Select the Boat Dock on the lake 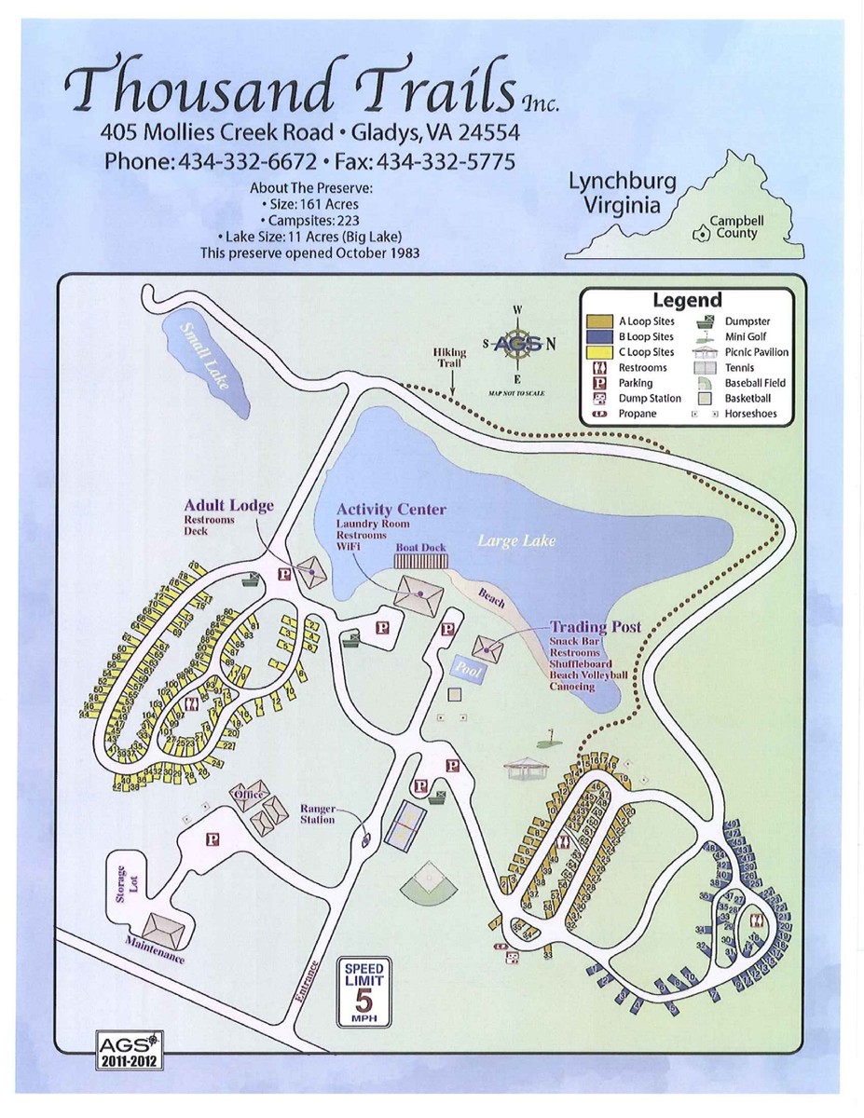point(420,561)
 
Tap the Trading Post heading point(595,627)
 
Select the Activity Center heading point(391,510)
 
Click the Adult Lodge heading point(228,505)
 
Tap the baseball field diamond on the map point(429,880)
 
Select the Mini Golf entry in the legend point(746,336)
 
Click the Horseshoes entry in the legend point(750,414)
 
